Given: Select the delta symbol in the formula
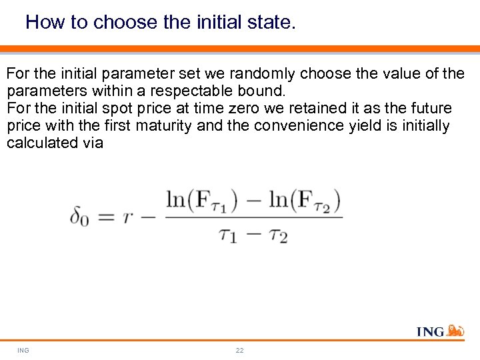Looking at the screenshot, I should (x=79, y=217).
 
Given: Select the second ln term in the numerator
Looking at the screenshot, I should (x=304, y=200).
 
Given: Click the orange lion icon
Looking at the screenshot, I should (x=455, y=331).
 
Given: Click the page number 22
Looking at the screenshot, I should (x=239, y=350).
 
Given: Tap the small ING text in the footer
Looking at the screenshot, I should (x=23, y=350).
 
